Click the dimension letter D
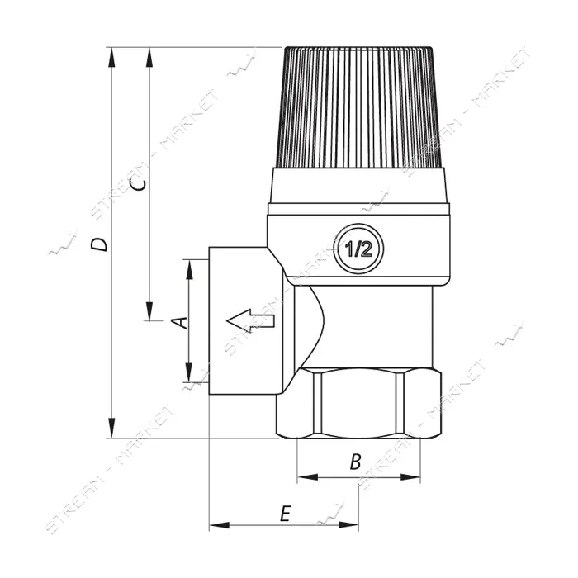tap(99, 244)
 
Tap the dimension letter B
tap(356, 462)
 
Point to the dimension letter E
tap(286, 514)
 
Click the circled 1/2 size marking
tap(358, 249)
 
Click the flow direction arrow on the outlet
tap(250, 320)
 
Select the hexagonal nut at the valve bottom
tap(358, 404)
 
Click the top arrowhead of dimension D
tap(111, 57)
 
